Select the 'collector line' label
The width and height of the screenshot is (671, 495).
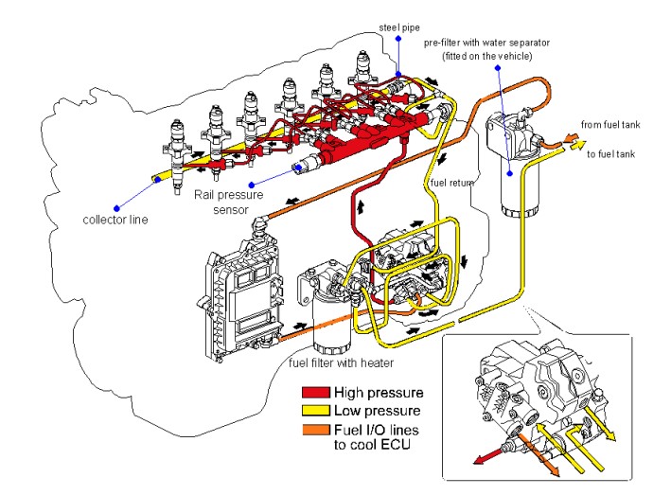pos(115,222)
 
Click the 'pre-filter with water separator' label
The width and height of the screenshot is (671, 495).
pos(502,44)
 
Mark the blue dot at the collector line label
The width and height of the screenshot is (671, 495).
pos(116,207)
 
